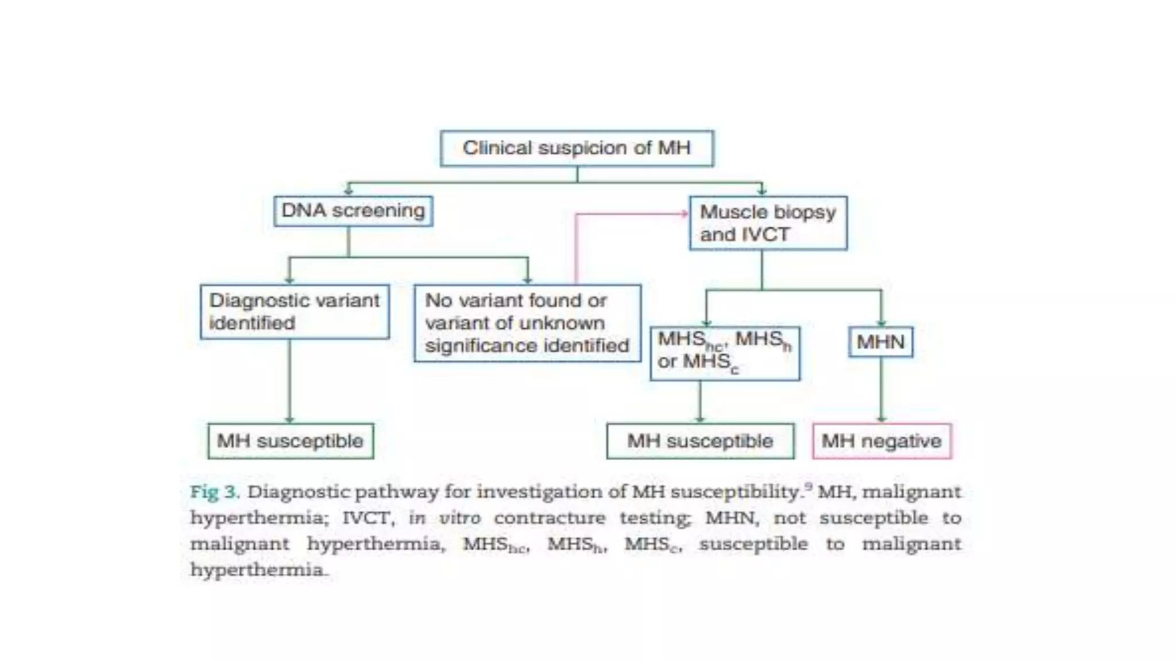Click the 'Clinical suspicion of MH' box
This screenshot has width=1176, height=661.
pyautogui.click(x=577, y=149)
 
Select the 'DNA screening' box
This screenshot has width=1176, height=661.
pyautogui.click(x=353, y=211)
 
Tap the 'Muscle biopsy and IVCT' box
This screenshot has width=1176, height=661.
pyautogui.click(x=768, y=223)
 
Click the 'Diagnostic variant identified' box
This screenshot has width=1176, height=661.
pyautogui.click(x=295, y=312)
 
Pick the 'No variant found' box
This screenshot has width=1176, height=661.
pyautogui.click(x=527, y=323)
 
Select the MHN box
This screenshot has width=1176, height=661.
pyautogui.click(x=880, y=342)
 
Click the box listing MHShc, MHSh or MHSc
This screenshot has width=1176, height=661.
pyautogui.click(x=725, y=353)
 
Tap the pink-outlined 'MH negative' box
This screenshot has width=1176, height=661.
pyautogui.click(x=881, y=441)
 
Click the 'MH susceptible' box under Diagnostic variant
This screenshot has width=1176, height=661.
pyautogui.click(x=291, y=441)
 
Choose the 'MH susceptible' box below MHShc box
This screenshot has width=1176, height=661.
pyautogui.click(x=700, y=441)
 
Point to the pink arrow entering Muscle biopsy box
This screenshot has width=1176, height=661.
pyautogui.click(x=632, y=214)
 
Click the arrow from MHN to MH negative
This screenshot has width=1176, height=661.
pyautogui.click(x=881, y=390)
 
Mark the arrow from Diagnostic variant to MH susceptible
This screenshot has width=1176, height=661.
pyautogui.click(x=289, y=382)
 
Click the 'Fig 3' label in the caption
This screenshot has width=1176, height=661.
pyautogui.click(x=214, y=492)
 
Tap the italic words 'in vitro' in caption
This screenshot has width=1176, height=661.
pyautogui.click(x=444, y=518)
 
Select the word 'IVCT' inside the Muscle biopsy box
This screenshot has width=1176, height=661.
pyautogui.click(x=765, y=235)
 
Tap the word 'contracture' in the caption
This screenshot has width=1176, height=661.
pyautogui.click(x=550, y=518)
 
